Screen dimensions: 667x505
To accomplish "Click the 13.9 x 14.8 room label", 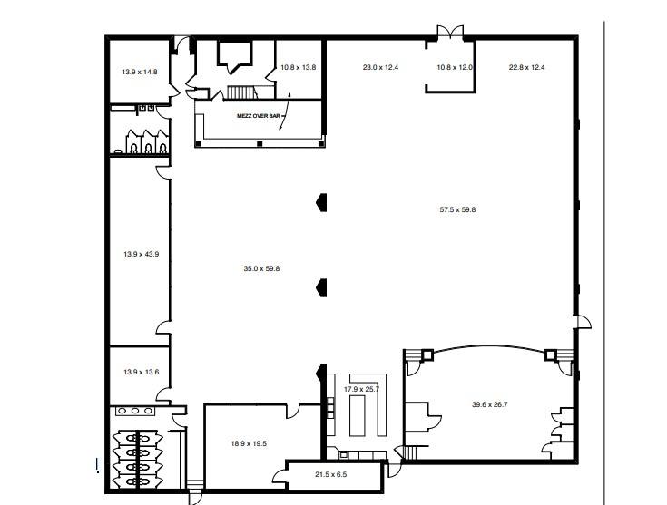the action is [x=140, y=72].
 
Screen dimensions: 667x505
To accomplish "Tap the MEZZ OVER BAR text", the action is [x=258, y=116].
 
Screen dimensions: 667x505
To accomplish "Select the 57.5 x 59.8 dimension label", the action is [x=457, y=209].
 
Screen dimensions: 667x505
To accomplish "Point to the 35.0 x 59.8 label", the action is [x=261, y=268].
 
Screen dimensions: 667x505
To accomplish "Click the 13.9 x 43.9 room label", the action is [x=142, y=254].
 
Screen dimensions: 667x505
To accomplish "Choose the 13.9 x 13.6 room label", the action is [x=142, y=372].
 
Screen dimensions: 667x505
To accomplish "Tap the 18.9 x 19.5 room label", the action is [x=249, y=443].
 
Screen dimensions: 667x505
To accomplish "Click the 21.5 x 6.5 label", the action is [x=330, y=474].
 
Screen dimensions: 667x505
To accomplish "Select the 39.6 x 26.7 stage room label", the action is [x=489, y=404].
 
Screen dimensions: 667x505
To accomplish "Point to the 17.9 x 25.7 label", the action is [x=361, y=389].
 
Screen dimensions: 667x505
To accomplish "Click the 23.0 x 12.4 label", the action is [x=380, y=67].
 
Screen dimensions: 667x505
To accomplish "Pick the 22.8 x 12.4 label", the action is [x=526, y=67].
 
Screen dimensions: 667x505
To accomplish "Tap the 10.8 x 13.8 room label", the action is [x=299, y=67].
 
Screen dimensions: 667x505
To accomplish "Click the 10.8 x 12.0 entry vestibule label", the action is [x=455, y=67].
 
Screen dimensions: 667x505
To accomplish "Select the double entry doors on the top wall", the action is [x=450, y=33].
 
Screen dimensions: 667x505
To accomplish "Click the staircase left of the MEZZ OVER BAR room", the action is [x=241, y=92].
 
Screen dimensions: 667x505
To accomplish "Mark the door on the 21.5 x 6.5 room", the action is [x=280, y=475].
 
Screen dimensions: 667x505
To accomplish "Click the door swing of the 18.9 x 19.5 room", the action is [x=292, y=411].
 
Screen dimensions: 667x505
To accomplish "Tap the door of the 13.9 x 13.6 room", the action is [x=163, y=395].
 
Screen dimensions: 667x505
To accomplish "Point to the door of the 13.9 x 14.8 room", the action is [x=174, y=89].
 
